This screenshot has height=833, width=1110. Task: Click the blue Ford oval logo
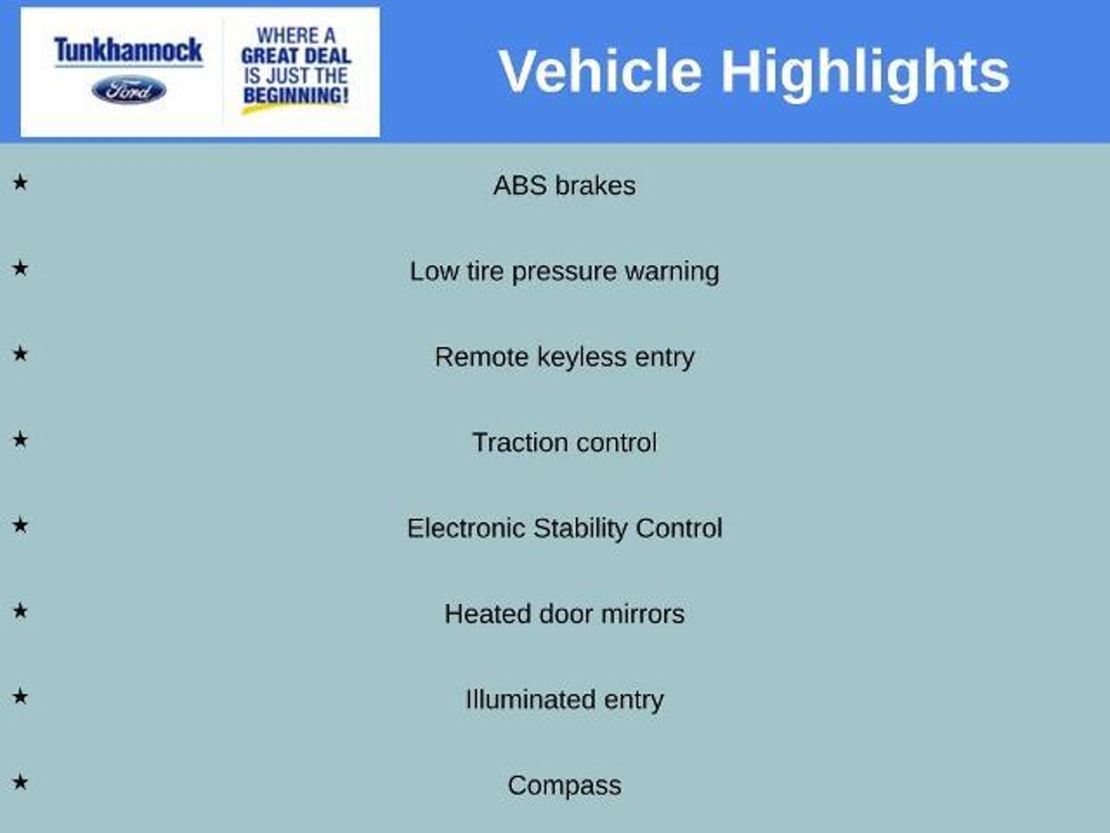tap(129, 90)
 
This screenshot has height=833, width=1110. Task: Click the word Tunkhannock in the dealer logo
tap(128, 50)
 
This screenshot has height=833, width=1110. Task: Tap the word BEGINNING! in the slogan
tap(296, 95)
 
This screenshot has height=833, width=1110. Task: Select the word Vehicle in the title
tap(601, 72)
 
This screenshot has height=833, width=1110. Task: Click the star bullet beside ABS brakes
tap(20, 182)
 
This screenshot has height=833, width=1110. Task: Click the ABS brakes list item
tap(564, 185)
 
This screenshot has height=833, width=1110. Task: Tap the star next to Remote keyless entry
tap(20, 354)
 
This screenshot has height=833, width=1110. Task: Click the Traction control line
tap(564, 443)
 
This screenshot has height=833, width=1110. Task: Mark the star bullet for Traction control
tap(20, 439)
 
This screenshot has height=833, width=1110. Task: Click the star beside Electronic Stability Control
tap(20, 525)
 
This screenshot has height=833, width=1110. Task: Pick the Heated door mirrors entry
tap(564, 614)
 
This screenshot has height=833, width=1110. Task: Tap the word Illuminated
tap(530, 700)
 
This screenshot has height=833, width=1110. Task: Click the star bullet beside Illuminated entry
tap(20, 696)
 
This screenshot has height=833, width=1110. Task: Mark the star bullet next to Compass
tap(20, 782)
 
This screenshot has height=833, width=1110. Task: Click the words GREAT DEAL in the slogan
tap(296, 55)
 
